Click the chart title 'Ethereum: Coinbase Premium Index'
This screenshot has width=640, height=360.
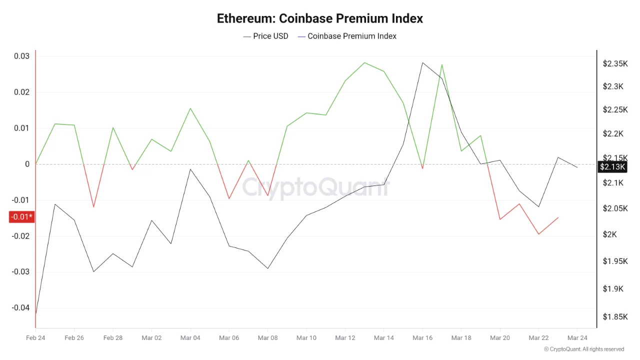(320, 18)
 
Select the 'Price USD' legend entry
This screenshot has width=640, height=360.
(265, 36)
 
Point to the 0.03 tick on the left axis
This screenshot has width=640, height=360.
(21, 56)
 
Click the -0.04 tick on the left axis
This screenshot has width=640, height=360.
(20, 308)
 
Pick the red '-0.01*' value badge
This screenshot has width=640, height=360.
(21, 217)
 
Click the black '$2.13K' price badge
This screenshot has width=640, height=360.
(612, 167)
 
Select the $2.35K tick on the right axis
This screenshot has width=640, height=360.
(615, 64)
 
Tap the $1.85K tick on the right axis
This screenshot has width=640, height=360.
(615, 316)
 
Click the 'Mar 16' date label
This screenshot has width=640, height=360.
(422, 338)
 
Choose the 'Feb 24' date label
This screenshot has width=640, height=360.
(35, 338)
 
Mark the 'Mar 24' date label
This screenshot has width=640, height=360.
(577, 338)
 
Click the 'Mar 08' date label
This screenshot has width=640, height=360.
(267, 338)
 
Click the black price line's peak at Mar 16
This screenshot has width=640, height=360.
(422, 63)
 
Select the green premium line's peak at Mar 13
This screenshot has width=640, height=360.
(364, 62)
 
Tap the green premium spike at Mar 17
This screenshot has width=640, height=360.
(442, 64)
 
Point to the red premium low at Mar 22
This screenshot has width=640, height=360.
(538, 234)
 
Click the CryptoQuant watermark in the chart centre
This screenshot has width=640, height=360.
(316, 187)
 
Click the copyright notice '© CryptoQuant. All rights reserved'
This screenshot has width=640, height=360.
(584, 349)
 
